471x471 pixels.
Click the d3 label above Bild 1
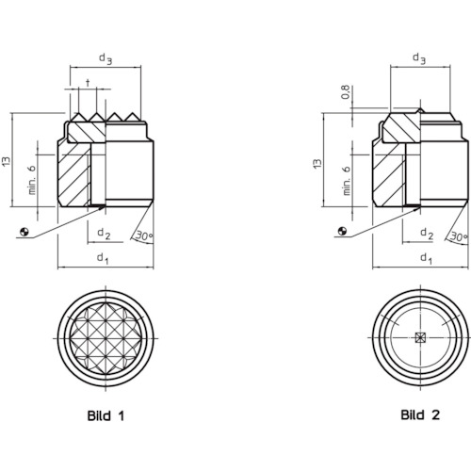[x=106, y=58]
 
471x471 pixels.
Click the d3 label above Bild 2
[x=419, y=58]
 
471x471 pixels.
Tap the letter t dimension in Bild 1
[x=88, y=83]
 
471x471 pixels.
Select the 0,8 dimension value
[x=346, y=92]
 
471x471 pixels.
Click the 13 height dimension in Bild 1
[x=7, y=161]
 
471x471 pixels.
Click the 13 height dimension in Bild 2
[x=317, y=164]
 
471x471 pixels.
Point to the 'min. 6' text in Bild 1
[x=32, y=180]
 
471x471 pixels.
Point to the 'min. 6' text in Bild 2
[x=346, y=180]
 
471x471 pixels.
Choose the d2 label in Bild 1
[x=104, y=234]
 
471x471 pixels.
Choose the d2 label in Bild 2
[x=427, y=234]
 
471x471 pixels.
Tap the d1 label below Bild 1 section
[x=103, y=258]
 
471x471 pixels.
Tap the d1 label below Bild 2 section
[x=426, y=258]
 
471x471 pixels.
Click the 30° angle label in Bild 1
[x=144, y=235]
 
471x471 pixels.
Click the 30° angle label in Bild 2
[x=459, y=236]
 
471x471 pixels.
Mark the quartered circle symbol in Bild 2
[x=343, y=231]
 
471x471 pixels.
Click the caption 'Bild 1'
[x=106, y=415]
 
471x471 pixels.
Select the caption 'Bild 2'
[x=420, y=414]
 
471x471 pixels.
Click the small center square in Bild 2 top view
[x=420, y=337]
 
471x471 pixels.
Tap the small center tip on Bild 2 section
[x=420, y=110]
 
